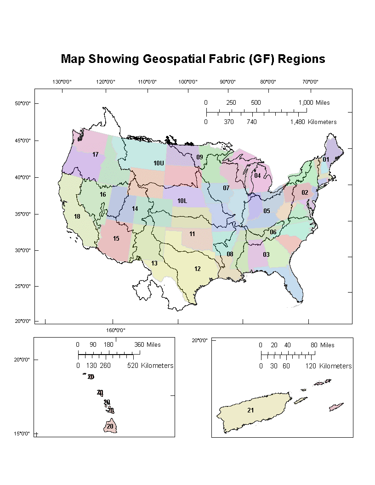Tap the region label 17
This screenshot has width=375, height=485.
96,154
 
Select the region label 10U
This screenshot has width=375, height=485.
159,163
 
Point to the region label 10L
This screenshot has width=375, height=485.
182,201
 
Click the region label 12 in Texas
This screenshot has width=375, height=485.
197,269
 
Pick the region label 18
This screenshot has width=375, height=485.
77,216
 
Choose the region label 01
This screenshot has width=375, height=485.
326,159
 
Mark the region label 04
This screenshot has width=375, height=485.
257,175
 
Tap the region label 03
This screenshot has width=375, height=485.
266,254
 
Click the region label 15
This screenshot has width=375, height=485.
116,238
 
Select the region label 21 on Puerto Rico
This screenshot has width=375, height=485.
250,410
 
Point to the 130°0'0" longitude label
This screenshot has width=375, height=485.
62,82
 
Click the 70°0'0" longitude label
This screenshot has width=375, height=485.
310,82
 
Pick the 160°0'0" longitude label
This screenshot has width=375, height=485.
116,330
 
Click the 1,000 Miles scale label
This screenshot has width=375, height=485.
314,102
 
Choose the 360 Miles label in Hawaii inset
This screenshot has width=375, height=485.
147,345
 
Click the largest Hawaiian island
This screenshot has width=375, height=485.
110,426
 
